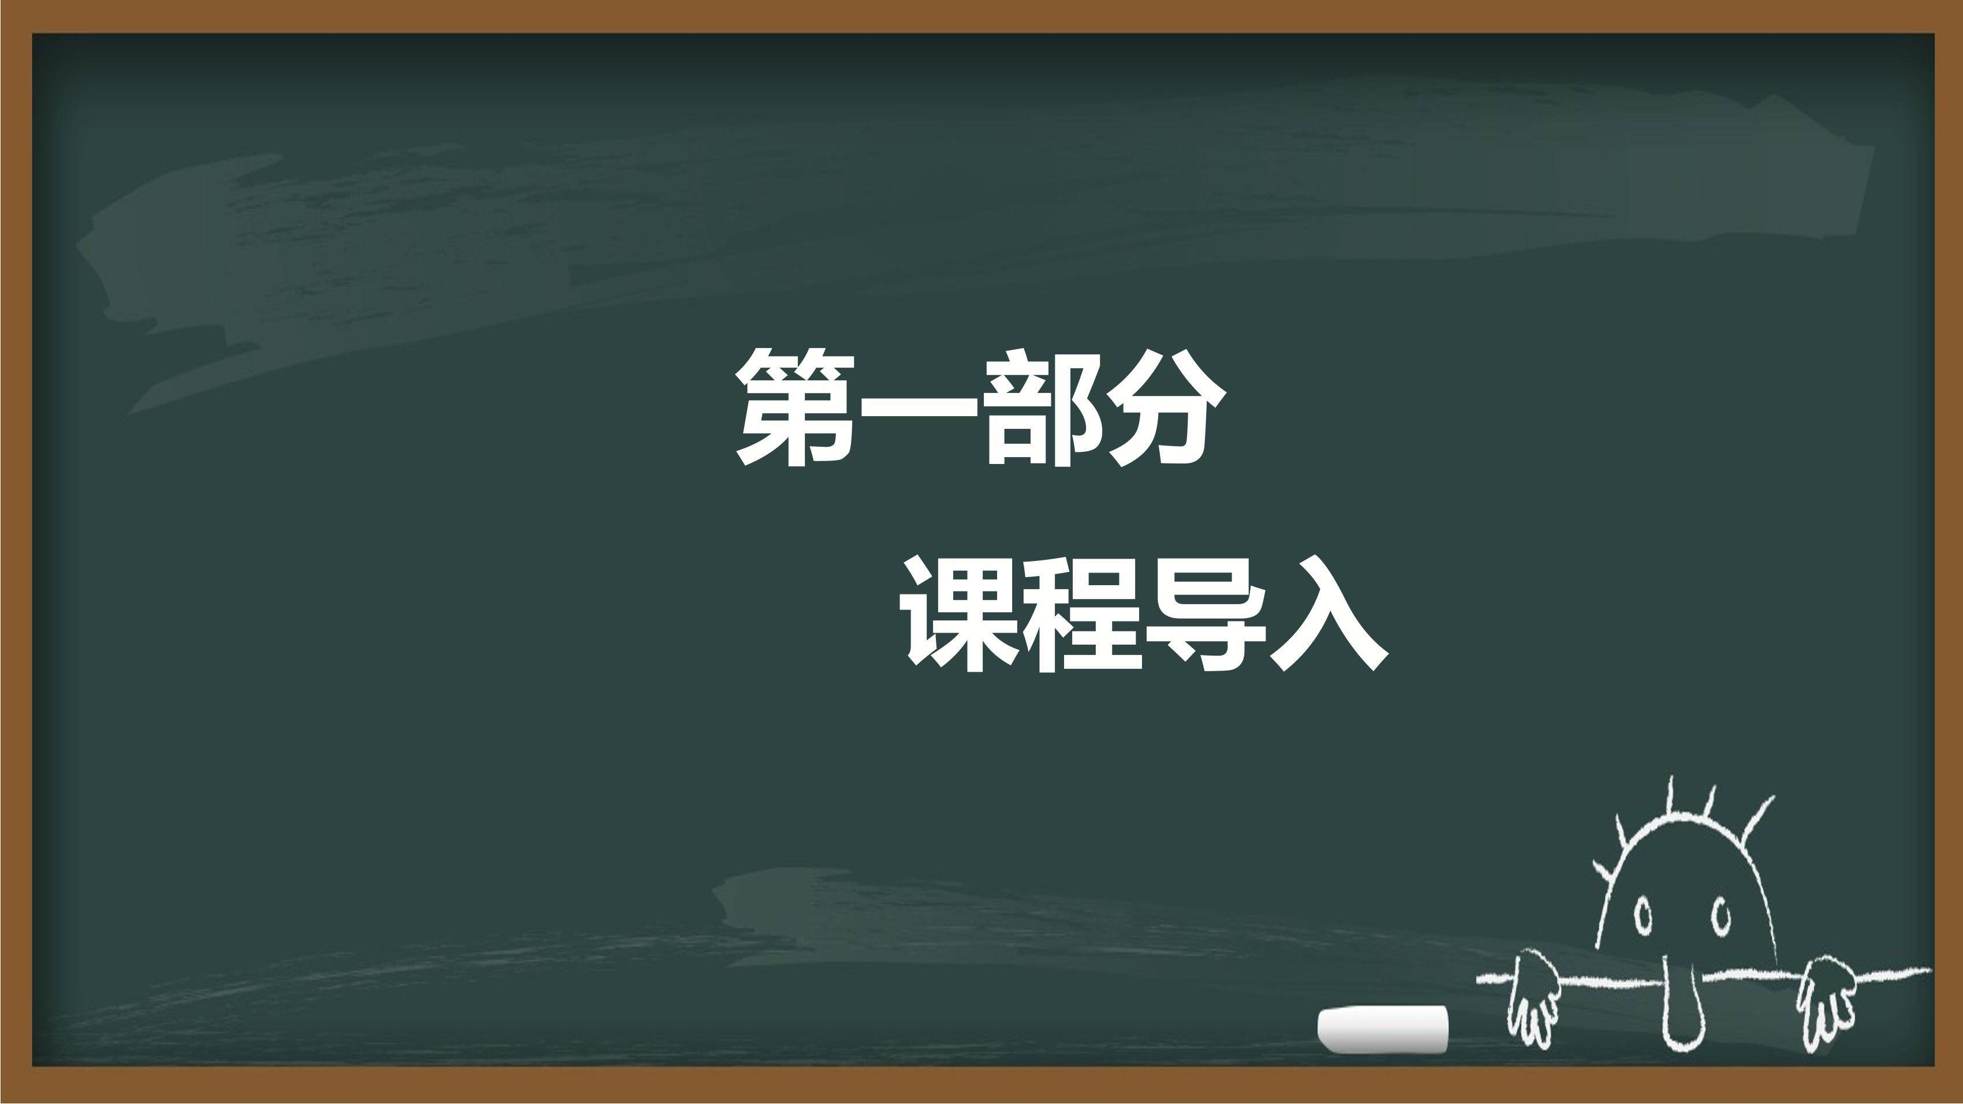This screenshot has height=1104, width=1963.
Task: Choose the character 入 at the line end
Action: pyautogui.click(x=1327, y=614)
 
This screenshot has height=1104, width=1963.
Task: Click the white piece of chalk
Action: pyautogui.click(x=1383, y=1030)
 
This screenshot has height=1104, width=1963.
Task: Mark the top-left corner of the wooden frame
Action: pyautogui.click(x=2, y=2)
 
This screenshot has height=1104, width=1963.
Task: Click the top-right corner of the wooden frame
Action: pyautogui.click(x=1961, y=2)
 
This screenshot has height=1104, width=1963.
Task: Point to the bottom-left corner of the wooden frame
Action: pyautogui.click(x=2, y=1102)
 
